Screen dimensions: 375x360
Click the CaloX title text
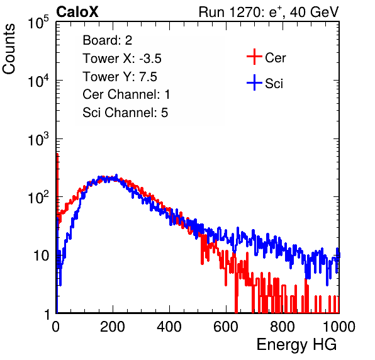pyautogui.click(x=77, y=12)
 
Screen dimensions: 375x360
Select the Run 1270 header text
pyautogui.click(x=269, y=12)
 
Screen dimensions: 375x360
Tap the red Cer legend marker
pyautogui.click(x=254, y=57)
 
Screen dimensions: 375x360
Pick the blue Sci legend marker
pyautogui.click(x=254, y=82)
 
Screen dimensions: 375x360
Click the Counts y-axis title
pyautogui.click(x=9, y=49)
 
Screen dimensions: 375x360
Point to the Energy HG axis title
pyautogui.click(x=296, y=345)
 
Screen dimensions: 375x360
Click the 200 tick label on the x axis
pyautogui.click(x=113, y=327)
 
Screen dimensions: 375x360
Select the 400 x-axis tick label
pyautogui.click(x=169, y=327)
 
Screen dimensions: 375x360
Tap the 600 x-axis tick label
pyautogui.click(x=226, y=327)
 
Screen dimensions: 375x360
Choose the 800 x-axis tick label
pyautogui.click(x=283, y=327)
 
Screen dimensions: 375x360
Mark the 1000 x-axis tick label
pyautogui.click(x=339, y=327)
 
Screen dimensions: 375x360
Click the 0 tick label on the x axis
pyautogui.click(x=55, y=327)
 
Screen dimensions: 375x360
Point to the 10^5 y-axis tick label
pyautogui.click(x=38, y=22)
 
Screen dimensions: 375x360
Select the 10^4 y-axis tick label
pyautogui.click(x=38, y=81)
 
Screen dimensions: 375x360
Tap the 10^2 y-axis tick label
pyautogui.click(x=38, y=197)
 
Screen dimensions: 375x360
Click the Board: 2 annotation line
pyautogui.click(x=108, y=40)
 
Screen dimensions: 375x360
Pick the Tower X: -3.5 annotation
pyautogui.click(x=122, y=59)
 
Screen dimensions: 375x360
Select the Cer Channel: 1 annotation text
pyautogui.click(x=126, y=94)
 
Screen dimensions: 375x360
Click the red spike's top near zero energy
pyautogui.click(x=57, y=154)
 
